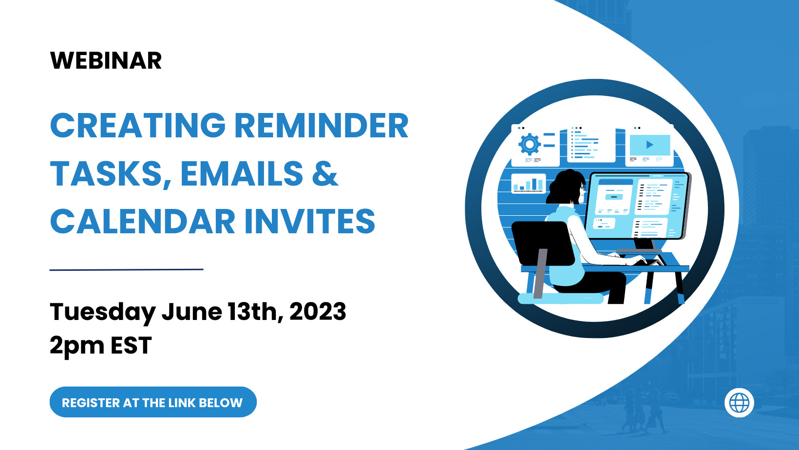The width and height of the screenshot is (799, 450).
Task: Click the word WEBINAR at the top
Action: coord(106,61)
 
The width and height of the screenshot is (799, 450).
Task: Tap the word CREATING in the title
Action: coord(138,126)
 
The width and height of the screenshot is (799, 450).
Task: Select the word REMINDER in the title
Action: coord(322,126)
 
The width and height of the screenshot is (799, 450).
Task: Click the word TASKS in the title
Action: coord(110,174)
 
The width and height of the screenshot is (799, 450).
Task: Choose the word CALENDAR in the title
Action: coord(143,222)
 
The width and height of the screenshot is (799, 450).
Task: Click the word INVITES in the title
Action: coord(309,222)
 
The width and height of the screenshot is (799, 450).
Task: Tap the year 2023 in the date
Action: coord(318,312)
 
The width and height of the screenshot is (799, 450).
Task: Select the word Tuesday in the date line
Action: coord(102,312)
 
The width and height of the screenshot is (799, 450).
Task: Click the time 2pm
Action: coord(77,346)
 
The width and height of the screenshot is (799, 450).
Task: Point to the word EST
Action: coord(131,346)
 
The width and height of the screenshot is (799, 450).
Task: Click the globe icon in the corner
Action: coord(739,403)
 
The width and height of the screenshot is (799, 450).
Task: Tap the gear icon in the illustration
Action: coord(530,144)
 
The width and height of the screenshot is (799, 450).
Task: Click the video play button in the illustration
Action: coord(649,145)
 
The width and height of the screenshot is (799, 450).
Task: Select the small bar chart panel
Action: coord(529,184)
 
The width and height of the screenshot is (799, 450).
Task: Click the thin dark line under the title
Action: coord(126,269)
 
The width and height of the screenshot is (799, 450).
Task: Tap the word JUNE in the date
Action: coord(191,312)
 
